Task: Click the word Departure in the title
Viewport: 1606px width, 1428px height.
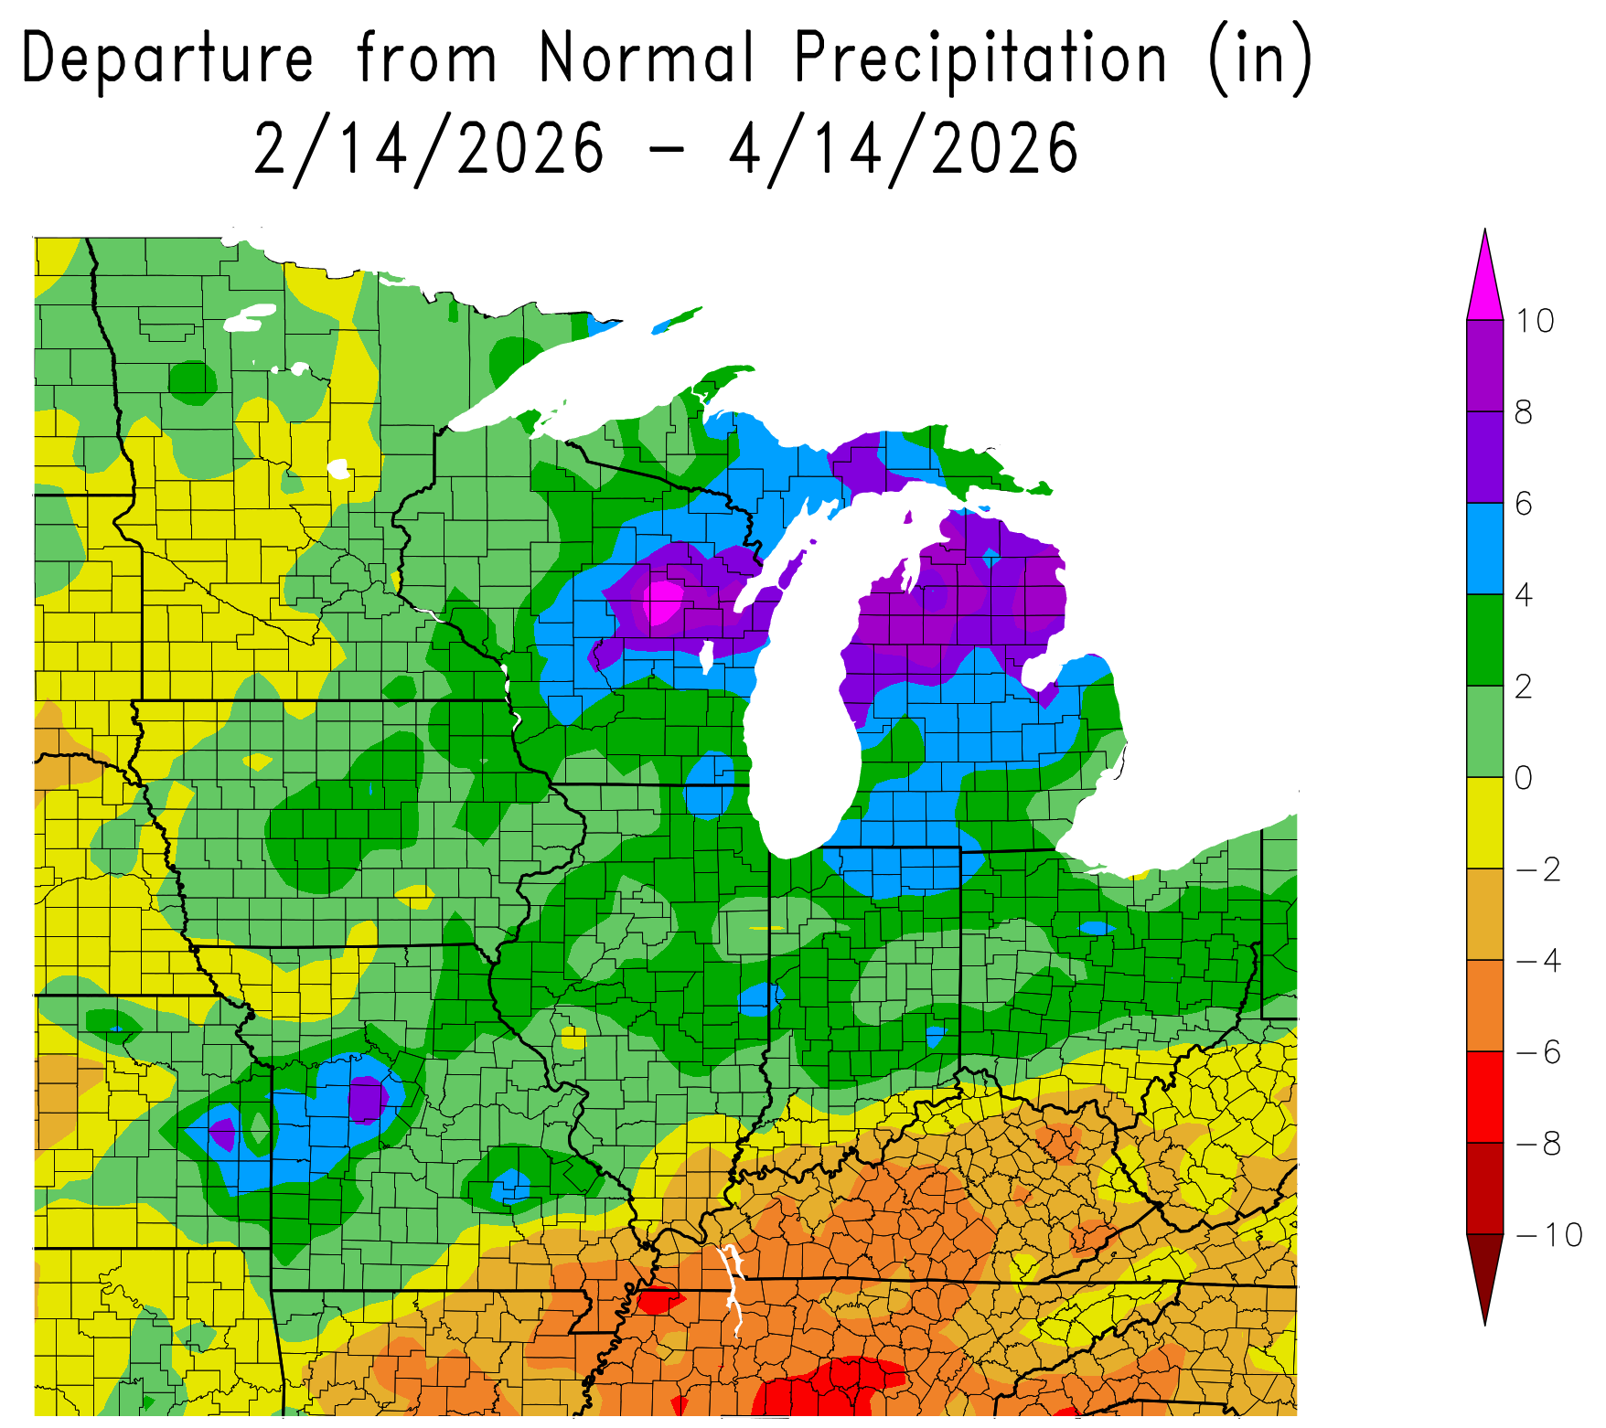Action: tap(167, 59)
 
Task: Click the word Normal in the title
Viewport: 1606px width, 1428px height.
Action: tap(648, 59)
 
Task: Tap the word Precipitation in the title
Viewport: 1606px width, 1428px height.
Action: tap(980, 59)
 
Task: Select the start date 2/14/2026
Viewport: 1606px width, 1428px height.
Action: tap(428, 149)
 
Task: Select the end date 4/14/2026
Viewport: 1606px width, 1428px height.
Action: tap(904, 149)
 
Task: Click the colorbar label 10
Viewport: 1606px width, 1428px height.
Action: tap(1536, 321)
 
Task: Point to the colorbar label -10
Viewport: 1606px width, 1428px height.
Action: tap(1548, 1235)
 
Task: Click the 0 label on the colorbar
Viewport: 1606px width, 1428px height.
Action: tap(1524, 778)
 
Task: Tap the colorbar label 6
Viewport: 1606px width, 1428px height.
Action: tap(1524, 504)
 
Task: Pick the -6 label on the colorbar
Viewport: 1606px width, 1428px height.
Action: tap(1538, 1052)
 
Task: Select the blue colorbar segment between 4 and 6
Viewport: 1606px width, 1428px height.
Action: tap(1484, 549)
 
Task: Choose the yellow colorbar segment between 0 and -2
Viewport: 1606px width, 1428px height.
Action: tap(1484, 823)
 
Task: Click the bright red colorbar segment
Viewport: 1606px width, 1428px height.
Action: tap(1484, 1097)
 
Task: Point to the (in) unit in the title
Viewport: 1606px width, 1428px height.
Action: tap(1260, 59)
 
